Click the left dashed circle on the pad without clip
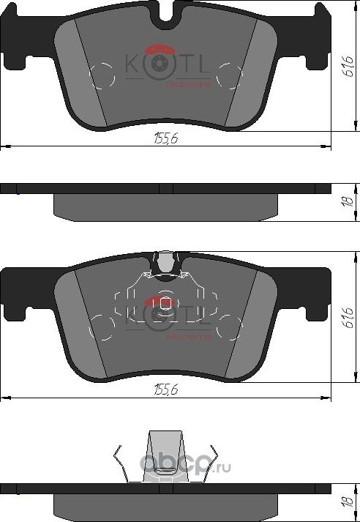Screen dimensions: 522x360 (102, 73)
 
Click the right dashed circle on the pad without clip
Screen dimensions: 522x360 (230, 73)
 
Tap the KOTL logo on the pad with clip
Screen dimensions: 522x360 (166, 315)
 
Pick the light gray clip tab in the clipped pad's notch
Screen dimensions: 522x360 (168, 262)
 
